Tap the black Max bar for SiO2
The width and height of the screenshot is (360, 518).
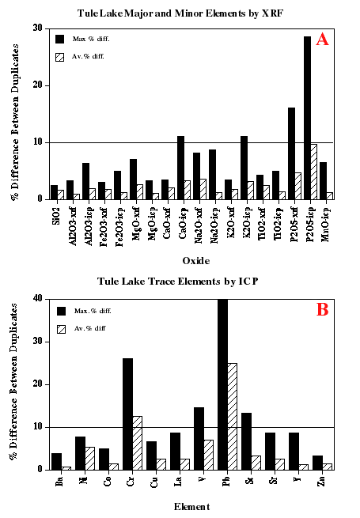click(x=54, y=192)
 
